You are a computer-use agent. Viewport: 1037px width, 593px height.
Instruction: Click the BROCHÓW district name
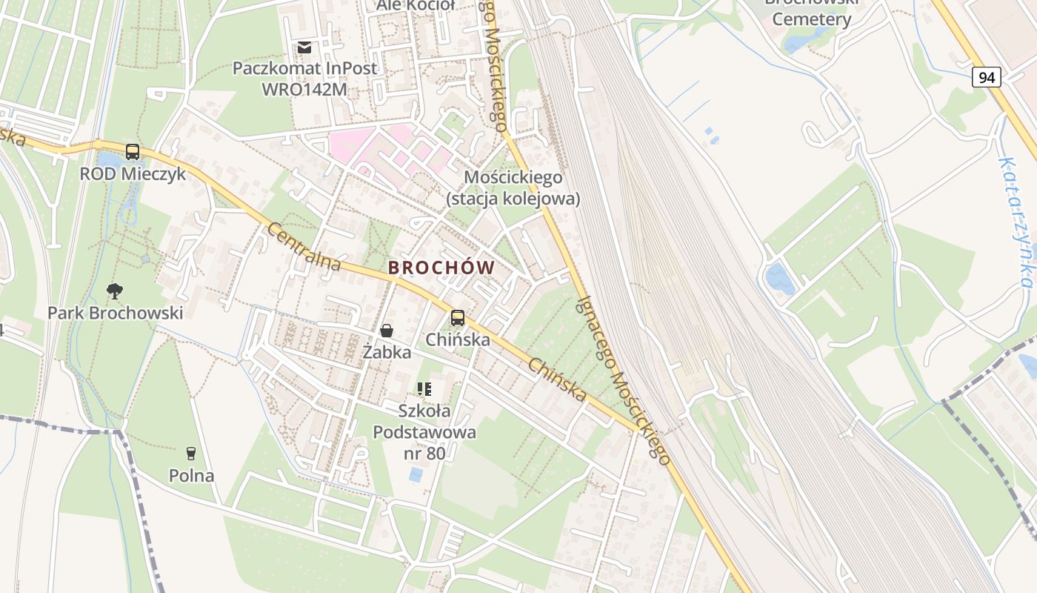point(441,268)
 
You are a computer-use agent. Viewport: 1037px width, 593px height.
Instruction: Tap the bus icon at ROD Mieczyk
point(133,152)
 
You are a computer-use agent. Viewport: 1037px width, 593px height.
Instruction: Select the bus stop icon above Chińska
point(458,318)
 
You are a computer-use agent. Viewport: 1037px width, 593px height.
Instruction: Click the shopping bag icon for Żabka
point(387,331)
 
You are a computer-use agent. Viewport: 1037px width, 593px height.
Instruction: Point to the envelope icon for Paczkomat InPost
point(304,47)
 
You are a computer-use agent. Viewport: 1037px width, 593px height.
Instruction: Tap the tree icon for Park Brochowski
point(115,291)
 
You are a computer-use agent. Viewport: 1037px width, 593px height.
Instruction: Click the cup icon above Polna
point(191,453)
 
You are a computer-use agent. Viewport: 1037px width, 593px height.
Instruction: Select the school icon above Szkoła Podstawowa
point(424,388)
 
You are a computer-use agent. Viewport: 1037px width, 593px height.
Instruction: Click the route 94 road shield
point(987,77)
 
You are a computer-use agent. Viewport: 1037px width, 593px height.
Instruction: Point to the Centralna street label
point(304,247)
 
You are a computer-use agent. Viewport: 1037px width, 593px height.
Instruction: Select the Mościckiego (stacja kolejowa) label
point(513,188)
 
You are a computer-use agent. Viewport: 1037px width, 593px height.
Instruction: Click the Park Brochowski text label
point(115,313)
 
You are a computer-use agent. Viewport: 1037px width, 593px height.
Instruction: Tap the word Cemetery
point(812,19)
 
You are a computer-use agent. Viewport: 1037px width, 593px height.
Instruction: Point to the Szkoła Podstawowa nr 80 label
point(424,431)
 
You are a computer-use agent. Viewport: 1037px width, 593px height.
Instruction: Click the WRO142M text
point(304,90)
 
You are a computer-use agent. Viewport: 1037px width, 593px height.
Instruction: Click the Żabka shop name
point(387,352)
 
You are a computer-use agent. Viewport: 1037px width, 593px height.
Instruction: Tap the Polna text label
point(191,476)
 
